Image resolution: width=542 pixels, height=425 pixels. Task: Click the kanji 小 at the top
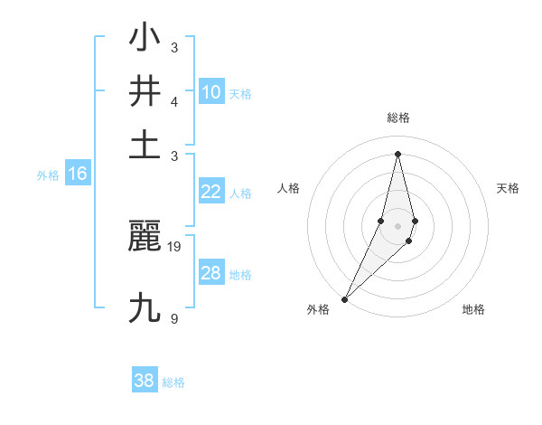click(x=145, y=38)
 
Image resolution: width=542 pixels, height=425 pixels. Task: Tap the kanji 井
click(x=145, y=91)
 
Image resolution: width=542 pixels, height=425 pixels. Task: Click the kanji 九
click(x=145, y=308)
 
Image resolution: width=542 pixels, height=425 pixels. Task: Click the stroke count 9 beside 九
click(x=173, y=318)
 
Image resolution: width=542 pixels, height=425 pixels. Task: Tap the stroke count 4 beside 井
click(x=173, y=101)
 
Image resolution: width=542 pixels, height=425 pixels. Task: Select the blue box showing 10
click(x=211, y=92)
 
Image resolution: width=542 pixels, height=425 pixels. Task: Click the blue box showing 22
click(x=211, y=192)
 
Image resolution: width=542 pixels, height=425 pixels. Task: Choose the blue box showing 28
click(x=211, y=273)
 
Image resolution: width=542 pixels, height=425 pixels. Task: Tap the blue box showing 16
click(x=77, y=174)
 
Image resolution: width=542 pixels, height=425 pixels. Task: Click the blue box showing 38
click(x=145, y=381)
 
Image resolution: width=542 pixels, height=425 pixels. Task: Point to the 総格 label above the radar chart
click(x=397, y=118)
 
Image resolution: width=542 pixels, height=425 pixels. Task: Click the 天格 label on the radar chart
click(x=509, y=188)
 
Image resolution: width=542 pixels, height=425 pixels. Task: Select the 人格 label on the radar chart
click(x=289, y=188)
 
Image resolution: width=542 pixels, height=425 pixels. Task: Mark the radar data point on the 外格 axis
click(x=344, y=298)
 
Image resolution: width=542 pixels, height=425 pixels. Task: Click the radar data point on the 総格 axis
click(x=397, y=154)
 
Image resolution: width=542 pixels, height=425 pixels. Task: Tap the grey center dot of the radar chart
click(x=397, y=225)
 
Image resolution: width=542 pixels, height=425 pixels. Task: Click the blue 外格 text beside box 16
click(x=48, y=175)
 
